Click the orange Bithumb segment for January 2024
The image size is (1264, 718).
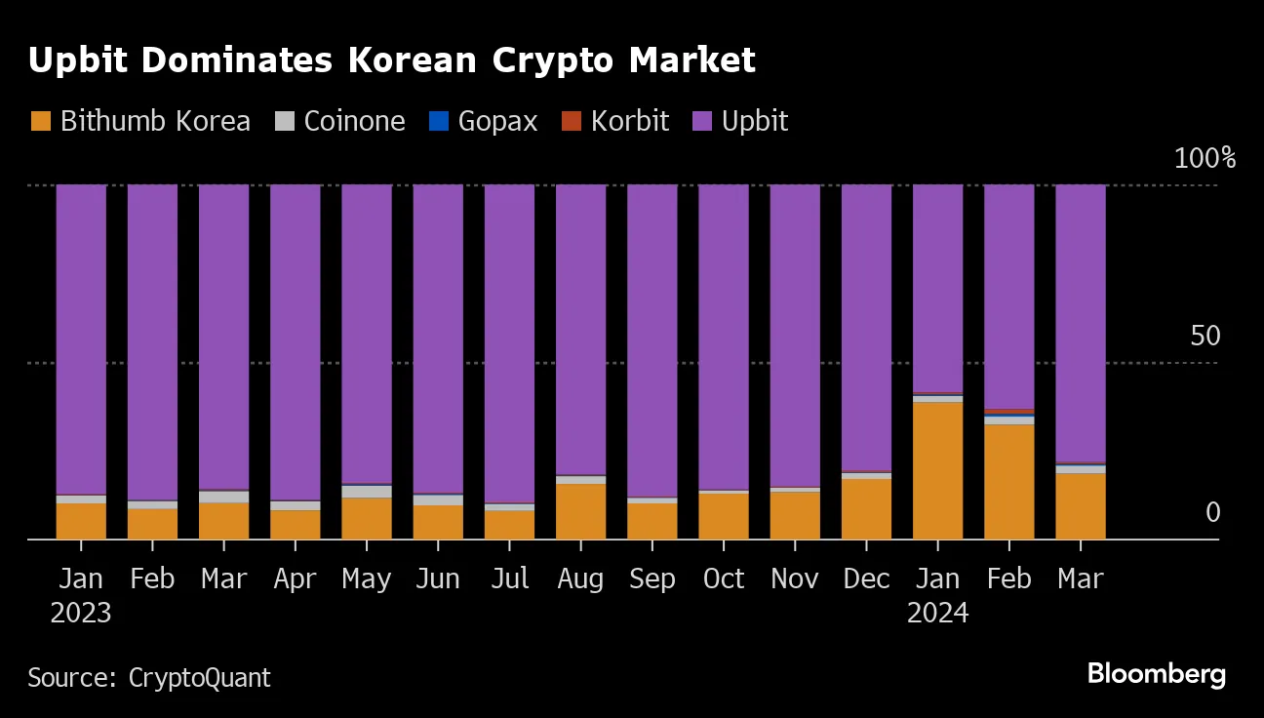937,470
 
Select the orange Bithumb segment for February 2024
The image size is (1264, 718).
1008,481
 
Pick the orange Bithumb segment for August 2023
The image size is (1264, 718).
580,511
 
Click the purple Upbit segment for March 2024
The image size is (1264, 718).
1080,323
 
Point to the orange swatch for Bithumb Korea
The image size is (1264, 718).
40,121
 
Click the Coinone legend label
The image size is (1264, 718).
354,121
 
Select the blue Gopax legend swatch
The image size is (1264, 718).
439,121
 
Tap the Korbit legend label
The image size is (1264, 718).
629,121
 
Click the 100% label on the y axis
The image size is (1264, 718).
1204,158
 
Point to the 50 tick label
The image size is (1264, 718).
1205,337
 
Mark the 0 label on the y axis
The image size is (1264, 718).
1212,512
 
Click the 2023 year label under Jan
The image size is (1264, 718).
80,614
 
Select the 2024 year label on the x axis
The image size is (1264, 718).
937,614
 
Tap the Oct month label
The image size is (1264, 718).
724,578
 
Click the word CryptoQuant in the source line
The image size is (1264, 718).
199,677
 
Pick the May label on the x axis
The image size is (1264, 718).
366,579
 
